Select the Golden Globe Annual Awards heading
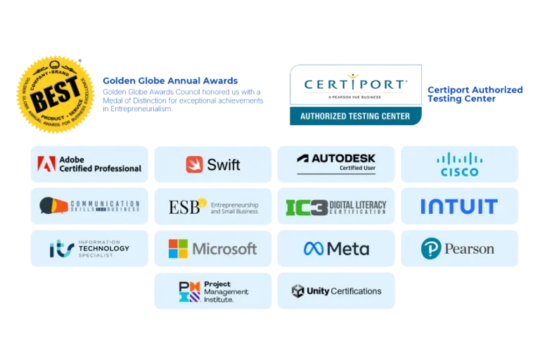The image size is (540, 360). (x=169, y=81)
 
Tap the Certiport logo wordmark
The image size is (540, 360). (x=354, y=84)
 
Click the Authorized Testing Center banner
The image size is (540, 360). (x=354, y=116)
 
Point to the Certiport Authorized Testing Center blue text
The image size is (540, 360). (x=475, y=94)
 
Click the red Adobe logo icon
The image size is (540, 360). (x=46, y=165)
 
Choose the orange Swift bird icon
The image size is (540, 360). (x=194, y=165)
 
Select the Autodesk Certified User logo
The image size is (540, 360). (x=336, y=163)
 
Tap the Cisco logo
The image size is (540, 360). (x=459, y=165)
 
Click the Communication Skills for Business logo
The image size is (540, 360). (x=89, y=206)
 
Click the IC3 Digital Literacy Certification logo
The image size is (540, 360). (x=336, y=207)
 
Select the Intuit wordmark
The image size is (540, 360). (x=458, y=207)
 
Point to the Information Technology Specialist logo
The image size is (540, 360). (x=89, y=248)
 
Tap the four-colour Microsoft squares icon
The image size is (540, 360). (x=178, y=248)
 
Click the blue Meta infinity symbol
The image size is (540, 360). (x=314, y=248)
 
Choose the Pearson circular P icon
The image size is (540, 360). (x=430, y=248)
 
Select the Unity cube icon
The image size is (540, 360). (x=297, y=291)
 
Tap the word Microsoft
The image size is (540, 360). (x=224, y=248)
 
